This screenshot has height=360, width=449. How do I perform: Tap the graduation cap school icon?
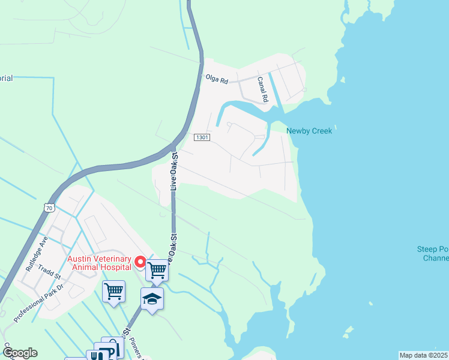coord(152,299)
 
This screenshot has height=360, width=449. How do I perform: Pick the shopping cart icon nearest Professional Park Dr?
coord(113,291)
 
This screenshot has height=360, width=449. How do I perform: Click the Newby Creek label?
coord(309,131)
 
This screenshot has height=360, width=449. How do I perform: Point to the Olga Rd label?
coord(217,79)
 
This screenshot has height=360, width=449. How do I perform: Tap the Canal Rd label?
coord(262,88)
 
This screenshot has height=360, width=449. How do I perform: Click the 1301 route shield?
coord(202,137)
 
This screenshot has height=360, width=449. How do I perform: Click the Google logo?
coord(20,352)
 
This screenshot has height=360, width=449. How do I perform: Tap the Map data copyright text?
coord(424,355)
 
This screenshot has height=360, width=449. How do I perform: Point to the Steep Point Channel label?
coord(432,254)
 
